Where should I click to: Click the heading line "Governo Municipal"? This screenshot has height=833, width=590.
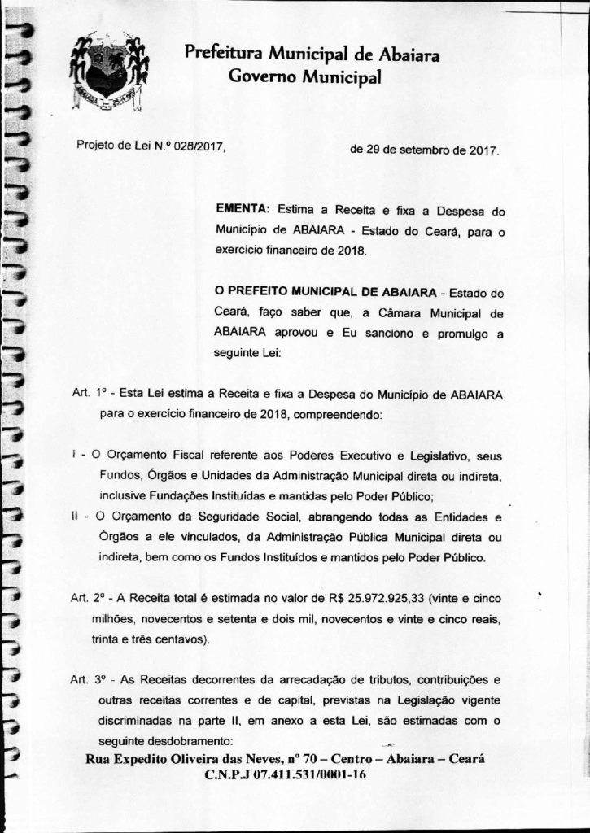(x=304, y=78)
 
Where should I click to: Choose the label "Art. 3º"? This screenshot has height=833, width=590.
(x=90, y=678)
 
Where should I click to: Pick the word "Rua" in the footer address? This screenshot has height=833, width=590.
(x=98, y=758)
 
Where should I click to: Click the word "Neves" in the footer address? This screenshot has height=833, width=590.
(x=264, y=758)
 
